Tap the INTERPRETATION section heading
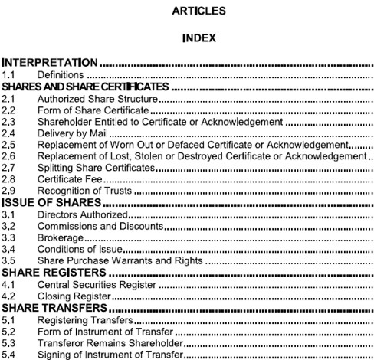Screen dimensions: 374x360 (50, 63)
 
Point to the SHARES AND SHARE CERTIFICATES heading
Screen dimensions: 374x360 (84, 87)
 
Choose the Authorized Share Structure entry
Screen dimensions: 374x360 (97, 99)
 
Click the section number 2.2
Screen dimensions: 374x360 (8, 110)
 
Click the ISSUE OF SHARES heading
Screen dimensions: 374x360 (51, 202)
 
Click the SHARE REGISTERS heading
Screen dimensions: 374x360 (53, 272)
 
